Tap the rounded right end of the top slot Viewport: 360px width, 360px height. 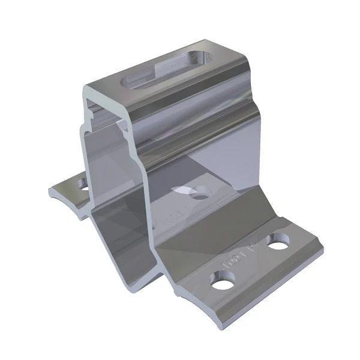(x=203, y=59)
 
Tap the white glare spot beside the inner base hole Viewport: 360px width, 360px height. (x=183, y=189)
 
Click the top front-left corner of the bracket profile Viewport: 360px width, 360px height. (x=85, y=87)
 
